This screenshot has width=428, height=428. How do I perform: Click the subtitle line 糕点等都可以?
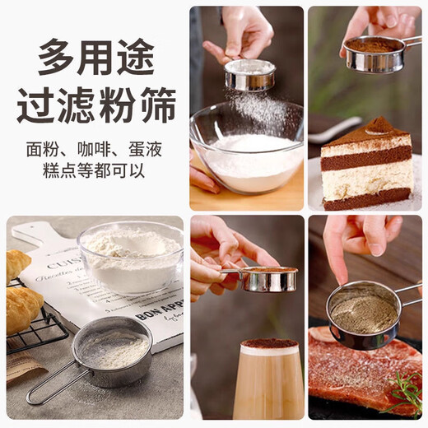tap(95, 173)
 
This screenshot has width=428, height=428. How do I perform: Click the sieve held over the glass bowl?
tap(249, 75)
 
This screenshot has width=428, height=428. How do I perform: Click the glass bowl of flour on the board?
tap(130, 257)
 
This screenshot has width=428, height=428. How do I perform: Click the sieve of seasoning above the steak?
tap(362, 314)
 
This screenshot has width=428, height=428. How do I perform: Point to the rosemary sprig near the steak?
tap(406, 393)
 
